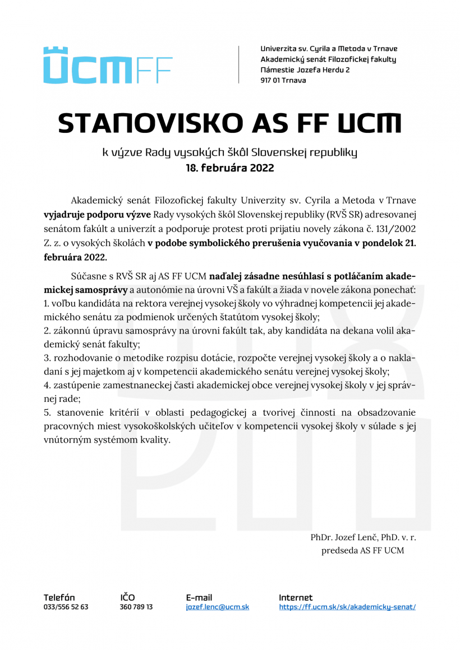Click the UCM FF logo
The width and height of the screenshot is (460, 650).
[x=108, y=66]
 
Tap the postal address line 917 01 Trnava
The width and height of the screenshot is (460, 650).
[x=283, y=81]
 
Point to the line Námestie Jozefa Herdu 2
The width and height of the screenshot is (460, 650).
[x=305, y=70]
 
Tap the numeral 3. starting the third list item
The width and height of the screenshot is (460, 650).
[x=47, y=357]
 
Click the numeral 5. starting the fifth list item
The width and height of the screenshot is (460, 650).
[x=47, y=413]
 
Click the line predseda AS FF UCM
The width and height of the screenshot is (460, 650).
[x=362, y=551]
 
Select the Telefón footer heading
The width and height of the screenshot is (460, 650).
[x=59, y=598]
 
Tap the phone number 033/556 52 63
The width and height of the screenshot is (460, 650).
[x=66, y=607]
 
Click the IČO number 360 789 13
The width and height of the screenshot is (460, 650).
[x=136, y=607]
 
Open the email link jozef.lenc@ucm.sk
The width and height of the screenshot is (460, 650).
[x=218, y=607]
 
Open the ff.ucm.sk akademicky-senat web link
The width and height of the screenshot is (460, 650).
[x=347, y=607]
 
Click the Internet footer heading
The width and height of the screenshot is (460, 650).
[x=296, y=598]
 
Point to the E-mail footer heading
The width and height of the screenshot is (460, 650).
[x=199, y=598]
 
